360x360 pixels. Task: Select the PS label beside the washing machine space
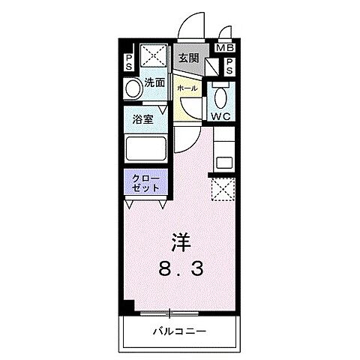pos(129,60)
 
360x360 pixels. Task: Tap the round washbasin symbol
pos(132,89)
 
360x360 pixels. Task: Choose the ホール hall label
pos(187,88)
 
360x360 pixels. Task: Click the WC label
pos(220,117)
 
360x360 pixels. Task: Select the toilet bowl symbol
pos(219,97)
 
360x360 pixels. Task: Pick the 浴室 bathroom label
pos(144,118)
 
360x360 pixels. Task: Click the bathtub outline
pos(148,148)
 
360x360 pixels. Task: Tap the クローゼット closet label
pos(145,182)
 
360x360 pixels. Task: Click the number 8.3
pos(179,268)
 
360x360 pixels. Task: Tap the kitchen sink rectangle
pos(223,160)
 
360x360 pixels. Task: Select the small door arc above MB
pos(224,34)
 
